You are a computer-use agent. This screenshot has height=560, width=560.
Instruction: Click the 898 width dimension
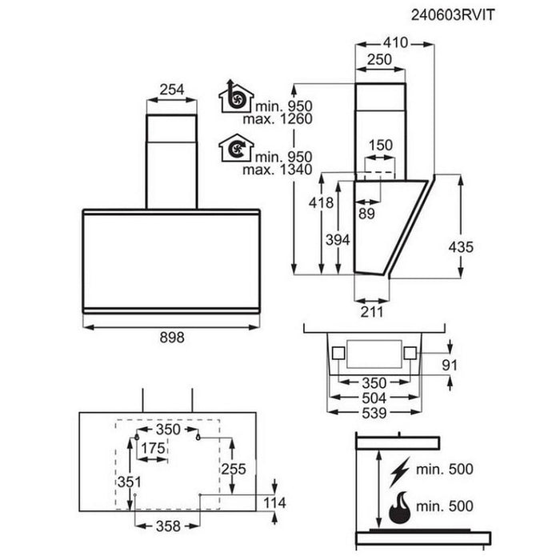click(171, 338)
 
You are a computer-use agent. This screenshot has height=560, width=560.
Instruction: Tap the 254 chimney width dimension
click(171, 90)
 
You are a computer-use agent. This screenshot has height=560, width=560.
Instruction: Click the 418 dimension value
click(322, 203)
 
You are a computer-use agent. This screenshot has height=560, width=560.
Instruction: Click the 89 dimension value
click(367, 213)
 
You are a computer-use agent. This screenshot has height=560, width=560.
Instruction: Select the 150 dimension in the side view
click(382, 145)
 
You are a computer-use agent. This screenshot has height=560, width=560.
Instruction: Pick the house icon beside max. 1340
click(236, 148)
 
